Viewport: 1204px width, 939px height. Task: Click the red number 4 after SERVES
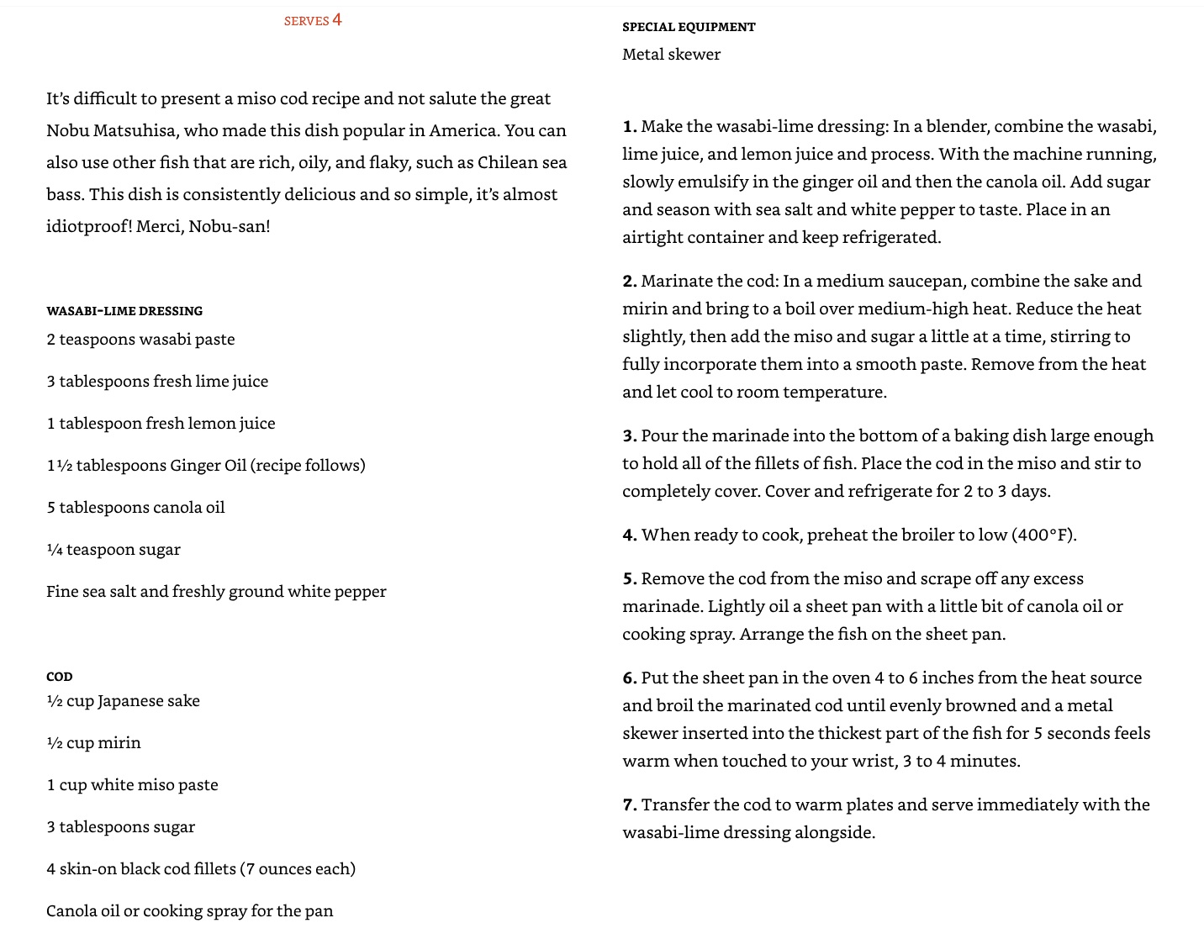337,19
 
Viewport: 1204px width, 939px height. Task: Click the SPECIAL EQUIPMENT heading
689,27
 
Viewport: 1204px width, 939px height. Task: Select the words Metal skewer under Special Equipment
671,55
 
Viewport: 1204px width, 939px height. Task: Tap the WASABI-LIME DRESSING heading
124,311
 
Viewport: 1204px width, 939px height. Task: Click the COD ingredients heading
60,677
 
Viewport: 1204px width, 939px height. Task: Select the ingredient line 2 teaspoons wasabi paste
140,340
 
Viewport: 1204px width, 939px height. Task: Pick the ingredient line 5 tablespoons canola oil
135,508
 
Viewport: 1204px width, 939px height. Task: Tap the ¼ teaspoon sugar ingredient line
114,550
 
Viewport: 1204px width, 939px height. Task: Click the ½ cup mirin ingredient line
93,743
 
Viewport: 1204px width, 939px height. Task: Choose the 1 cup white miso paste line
132,785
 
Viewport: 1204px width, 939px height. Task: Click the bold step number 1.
629,127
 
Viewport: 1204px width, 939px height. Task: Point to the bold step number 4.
629,535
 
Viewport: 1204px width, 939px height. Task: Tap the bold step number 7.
629,805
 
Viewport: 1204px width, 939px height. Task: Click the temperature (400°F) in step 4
1043,535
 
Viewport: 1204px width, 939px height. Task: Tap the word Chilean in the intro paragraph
509,162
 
